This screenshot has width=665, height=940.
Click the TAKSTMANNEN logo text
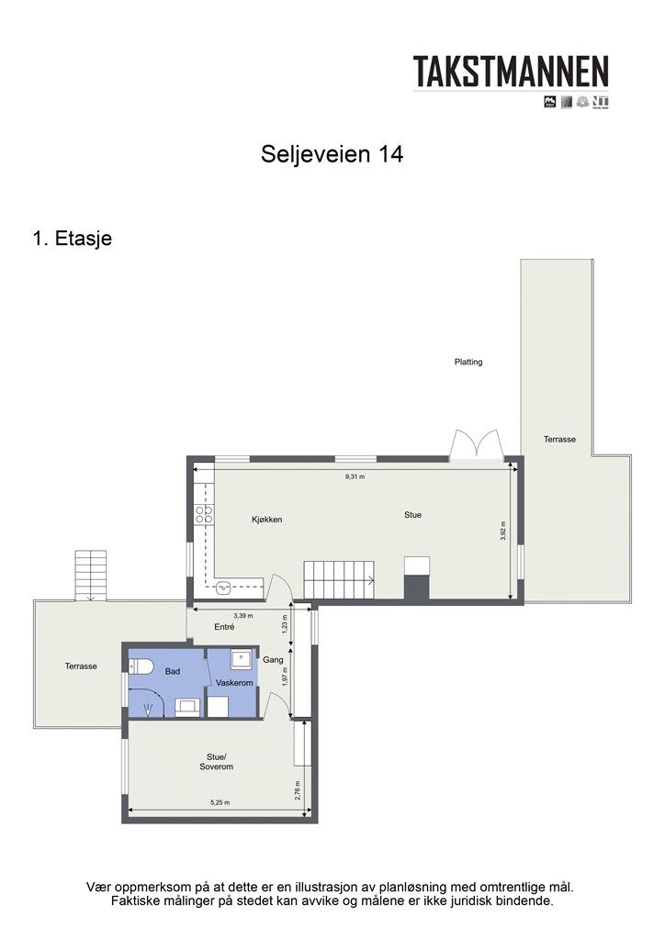click(x=511, y=71)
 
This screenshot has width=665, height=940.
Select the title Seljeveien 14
click(x=332, y=154)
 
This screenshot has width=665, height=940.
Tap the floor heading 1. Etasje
click(x=72, y=239)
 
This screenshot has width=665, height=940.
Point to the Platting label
click(x=468, y=362)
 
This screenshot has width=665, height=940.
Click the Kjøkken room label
click(x=266, y=520)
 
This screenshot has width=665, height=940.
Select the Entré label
click(x=223, y=627)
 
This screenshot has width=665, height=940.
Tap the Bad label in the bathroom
click(x=173, y=671)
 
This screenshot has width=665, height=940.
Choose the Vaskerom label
click(x=234, y=684)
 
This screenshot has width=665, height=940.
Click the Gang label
click(x=273, y=660)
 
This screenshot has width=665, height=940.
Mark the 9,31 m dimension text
click(x=355, y=477)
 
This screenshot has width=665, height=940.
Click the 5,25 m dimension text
click(x=220, y=802)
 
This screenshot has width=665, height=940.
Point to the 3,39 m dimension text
click(x=242, y=616)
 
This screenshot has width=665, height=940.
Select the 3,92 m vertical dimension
click(x=503, y=532)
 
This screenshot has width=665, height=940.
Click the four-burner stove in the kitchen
click(x=204, y=515)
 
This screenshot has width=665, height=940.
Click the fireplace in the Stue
click(x=416, y=578)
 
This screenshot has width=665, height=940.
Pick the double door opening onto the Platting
click(x=476, y=444)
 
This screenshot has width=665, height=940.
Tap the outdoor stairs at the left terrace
click(x=90, y=576)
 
